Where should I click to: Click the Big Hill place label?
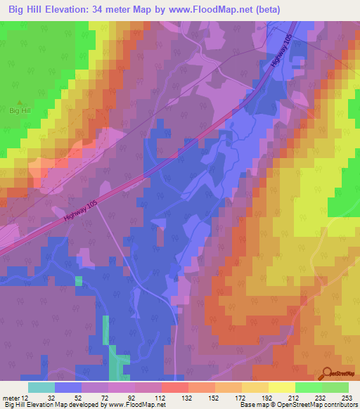point(20,111)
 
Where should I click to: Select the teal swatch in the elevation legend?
point(41,387)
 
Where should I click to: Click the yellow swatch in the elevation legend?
point(282,387)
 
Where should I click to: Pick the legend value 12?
point(25,397)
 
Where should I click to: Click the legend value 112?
point(160,397)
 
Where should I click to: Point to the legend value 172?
point(240,397)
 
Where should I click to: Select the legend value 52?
point(79,397)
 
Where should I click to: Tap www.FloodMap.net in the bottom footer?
point(136,405)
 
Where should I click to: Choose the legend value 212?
point(293,397)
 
